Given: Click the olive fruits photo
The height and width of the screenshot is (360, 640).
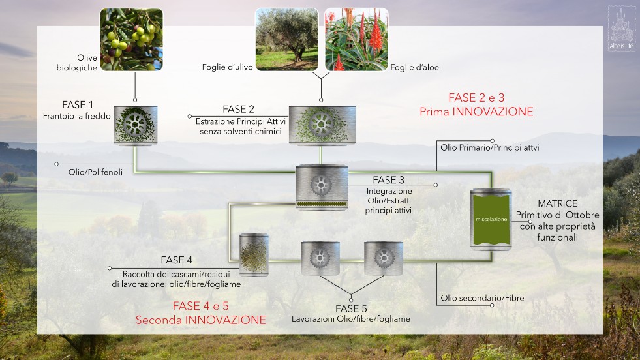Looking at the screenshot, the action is pos(131,40).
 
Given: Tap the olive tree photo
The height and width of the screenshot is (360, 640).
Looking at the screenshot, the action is pos(286,40).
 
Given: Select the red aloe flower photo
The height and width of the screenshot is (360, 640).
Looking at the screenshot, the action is pos(356,40).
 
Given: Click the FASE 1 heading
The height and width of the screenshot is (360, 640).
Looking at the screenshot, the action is pos(78,105).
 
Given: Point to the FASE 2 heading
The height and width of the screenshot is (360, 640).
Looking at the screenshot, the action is pos(238,110).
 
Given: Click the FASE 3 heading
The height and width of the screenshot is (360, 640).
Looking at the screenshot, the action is pos(388,180).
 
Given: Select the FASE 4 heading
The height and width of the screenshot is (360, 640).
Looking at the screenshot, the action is pos(176,260).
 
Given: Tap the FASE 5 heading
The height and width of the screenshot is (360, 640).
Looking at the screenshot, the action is pos(351,308).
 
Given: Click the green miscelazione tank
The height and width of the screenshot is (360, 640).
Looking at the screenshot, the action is pos(491,219).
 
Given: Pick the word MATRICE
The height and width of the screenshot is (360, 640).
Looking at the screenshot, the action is pos(558,203).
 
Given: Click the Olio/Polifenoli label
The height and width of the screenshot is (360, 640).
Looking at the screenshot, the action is pos(95,172).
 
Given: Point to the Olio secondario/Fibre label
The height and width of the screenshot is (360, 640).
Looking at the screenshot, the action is pos(482,298).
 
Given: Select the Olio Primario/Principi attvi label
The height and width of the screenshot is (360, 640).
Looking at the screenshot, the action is pos(489,148).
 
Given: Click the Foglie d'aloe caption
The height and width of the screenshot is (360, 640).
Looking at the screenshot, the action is pos(414,67).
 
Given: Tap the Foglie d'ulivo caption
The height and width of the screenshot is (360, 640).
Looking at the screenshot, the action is pos(227,67).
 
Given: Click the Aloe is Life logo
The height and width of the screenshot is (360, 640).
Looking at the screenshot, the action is pos(621,29).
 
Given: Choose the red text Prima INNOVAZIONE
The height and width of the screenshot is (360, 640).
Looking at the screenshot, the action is pos(476,112).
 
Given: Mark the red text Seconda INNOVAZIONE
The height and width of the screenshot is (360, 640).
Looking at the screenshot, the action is pos(200,320).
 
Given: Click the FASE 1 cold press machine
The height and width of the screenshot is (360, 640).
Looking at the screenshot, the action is pos(136,125).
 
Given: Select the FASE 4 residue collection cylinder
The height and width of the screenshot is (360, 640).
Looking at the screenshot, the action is pos(254,255).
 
